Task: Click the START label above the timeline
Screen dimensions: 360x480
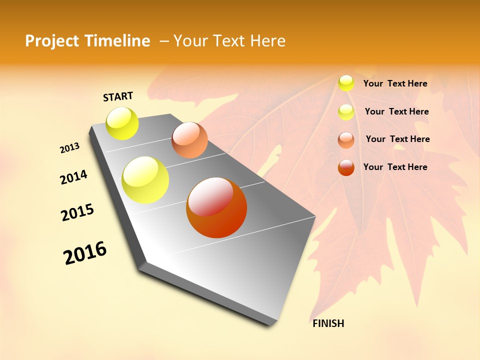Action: (x=118, y=96)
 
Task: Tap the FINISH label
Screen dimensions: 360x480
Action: (x=328, y=323)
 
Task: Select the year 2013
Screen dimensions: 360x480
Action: (x=70, y=148)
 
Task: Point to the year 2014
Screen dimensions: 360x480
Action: (x=73, y=177)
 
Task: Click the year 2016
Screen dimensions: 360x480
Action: (x=85, y=253)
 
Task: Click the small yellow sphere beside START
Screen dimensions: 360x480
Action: (x=122, y=123)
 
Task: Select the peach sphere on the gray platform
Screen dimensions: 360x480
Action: (x=189, y=140)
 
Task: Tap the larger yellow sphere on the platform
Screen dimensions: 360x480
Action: (x=145, y=179)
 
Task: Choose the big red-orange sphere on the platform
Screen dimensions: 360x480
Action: (x=216, y=207)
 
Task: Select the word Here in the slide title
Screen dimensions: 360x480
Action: (x=268, y=41)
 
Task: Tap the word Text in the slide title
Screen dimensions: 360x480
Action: (x=229, y=41)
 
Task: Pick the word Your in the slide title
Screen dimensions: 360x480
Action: (x=191, y=41)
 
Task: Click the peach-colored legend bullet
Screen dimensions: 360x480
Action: (x=346, y=140)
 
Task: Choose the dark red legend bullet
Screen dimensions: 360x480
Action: (x=346, y=167)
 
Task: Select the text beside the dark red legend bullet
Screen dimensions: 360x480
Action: (x=395, y=167)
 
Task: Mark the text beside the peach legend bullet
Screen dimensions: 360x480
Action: (x=397, y=139)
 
